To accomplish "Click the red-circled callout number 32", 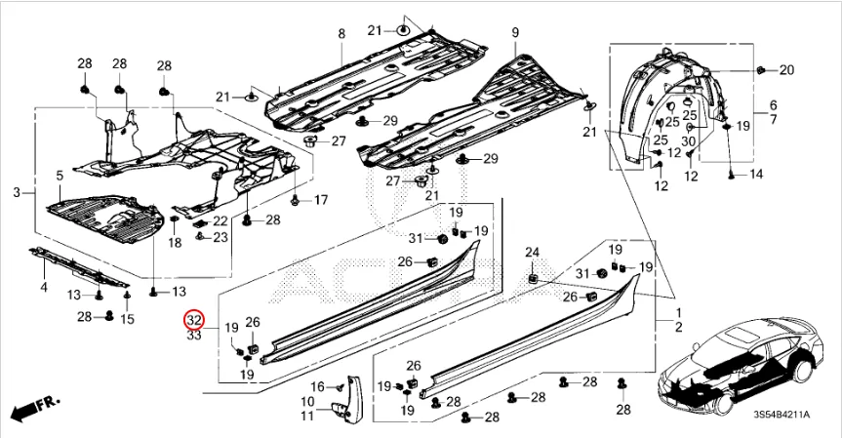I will (x=193, y=320).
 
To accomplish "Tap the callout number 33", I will (x=193, y=335).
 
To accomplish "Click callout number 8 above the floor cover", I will (x=341, y=34).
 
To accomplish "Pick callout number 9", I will (x=515, y=34).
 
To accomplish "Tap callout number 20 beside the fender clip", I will (x=786, y=69).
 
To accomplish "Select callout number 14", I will (x=755, y=174).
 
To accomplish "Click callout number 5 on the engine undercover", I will (x=59, y=176).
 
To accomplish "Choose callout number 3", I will (x=17, y=193).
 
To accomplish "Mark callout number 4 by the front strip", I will (x=43, y=287).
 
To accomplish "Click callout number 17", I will (x=320, y=200).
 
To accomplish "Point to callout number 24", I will (x=533, y=254).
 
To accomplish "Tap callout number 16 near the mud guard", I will (x=317, y=386).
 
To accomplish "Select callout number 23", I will (x=221, y=237).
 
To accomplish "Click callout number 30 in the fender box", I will (x=688, y=140).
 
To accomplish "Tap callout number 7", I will (x=773, y=119).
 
